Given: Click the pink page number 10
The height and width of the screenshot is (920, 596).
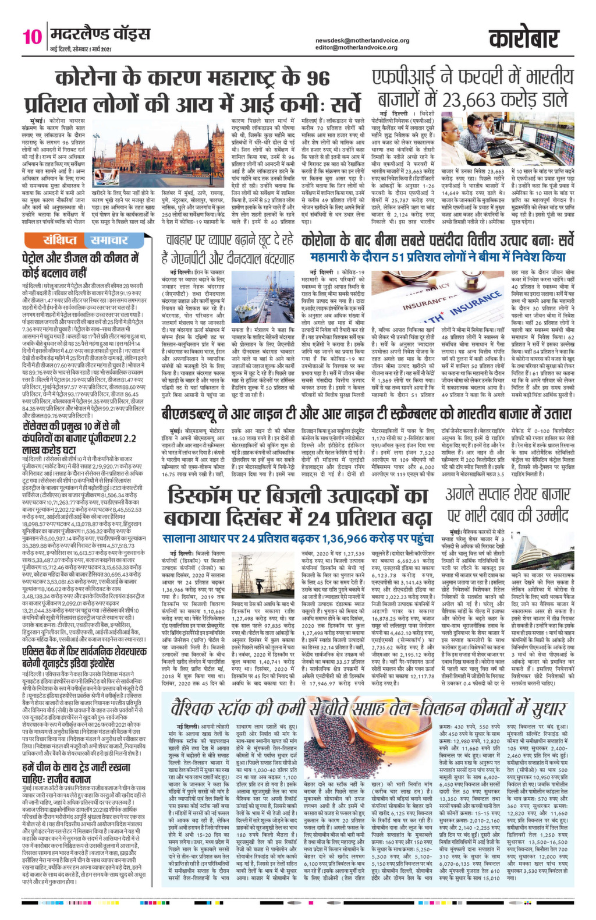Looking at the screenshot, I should click(x=32, y=37).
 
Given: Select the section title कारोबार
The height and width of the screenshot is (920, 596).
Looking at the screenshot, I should click(x=528, y=39).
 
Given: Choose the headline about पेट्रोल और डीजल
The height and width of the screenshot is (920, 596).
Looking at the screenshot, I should click(x=81, y=264).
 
